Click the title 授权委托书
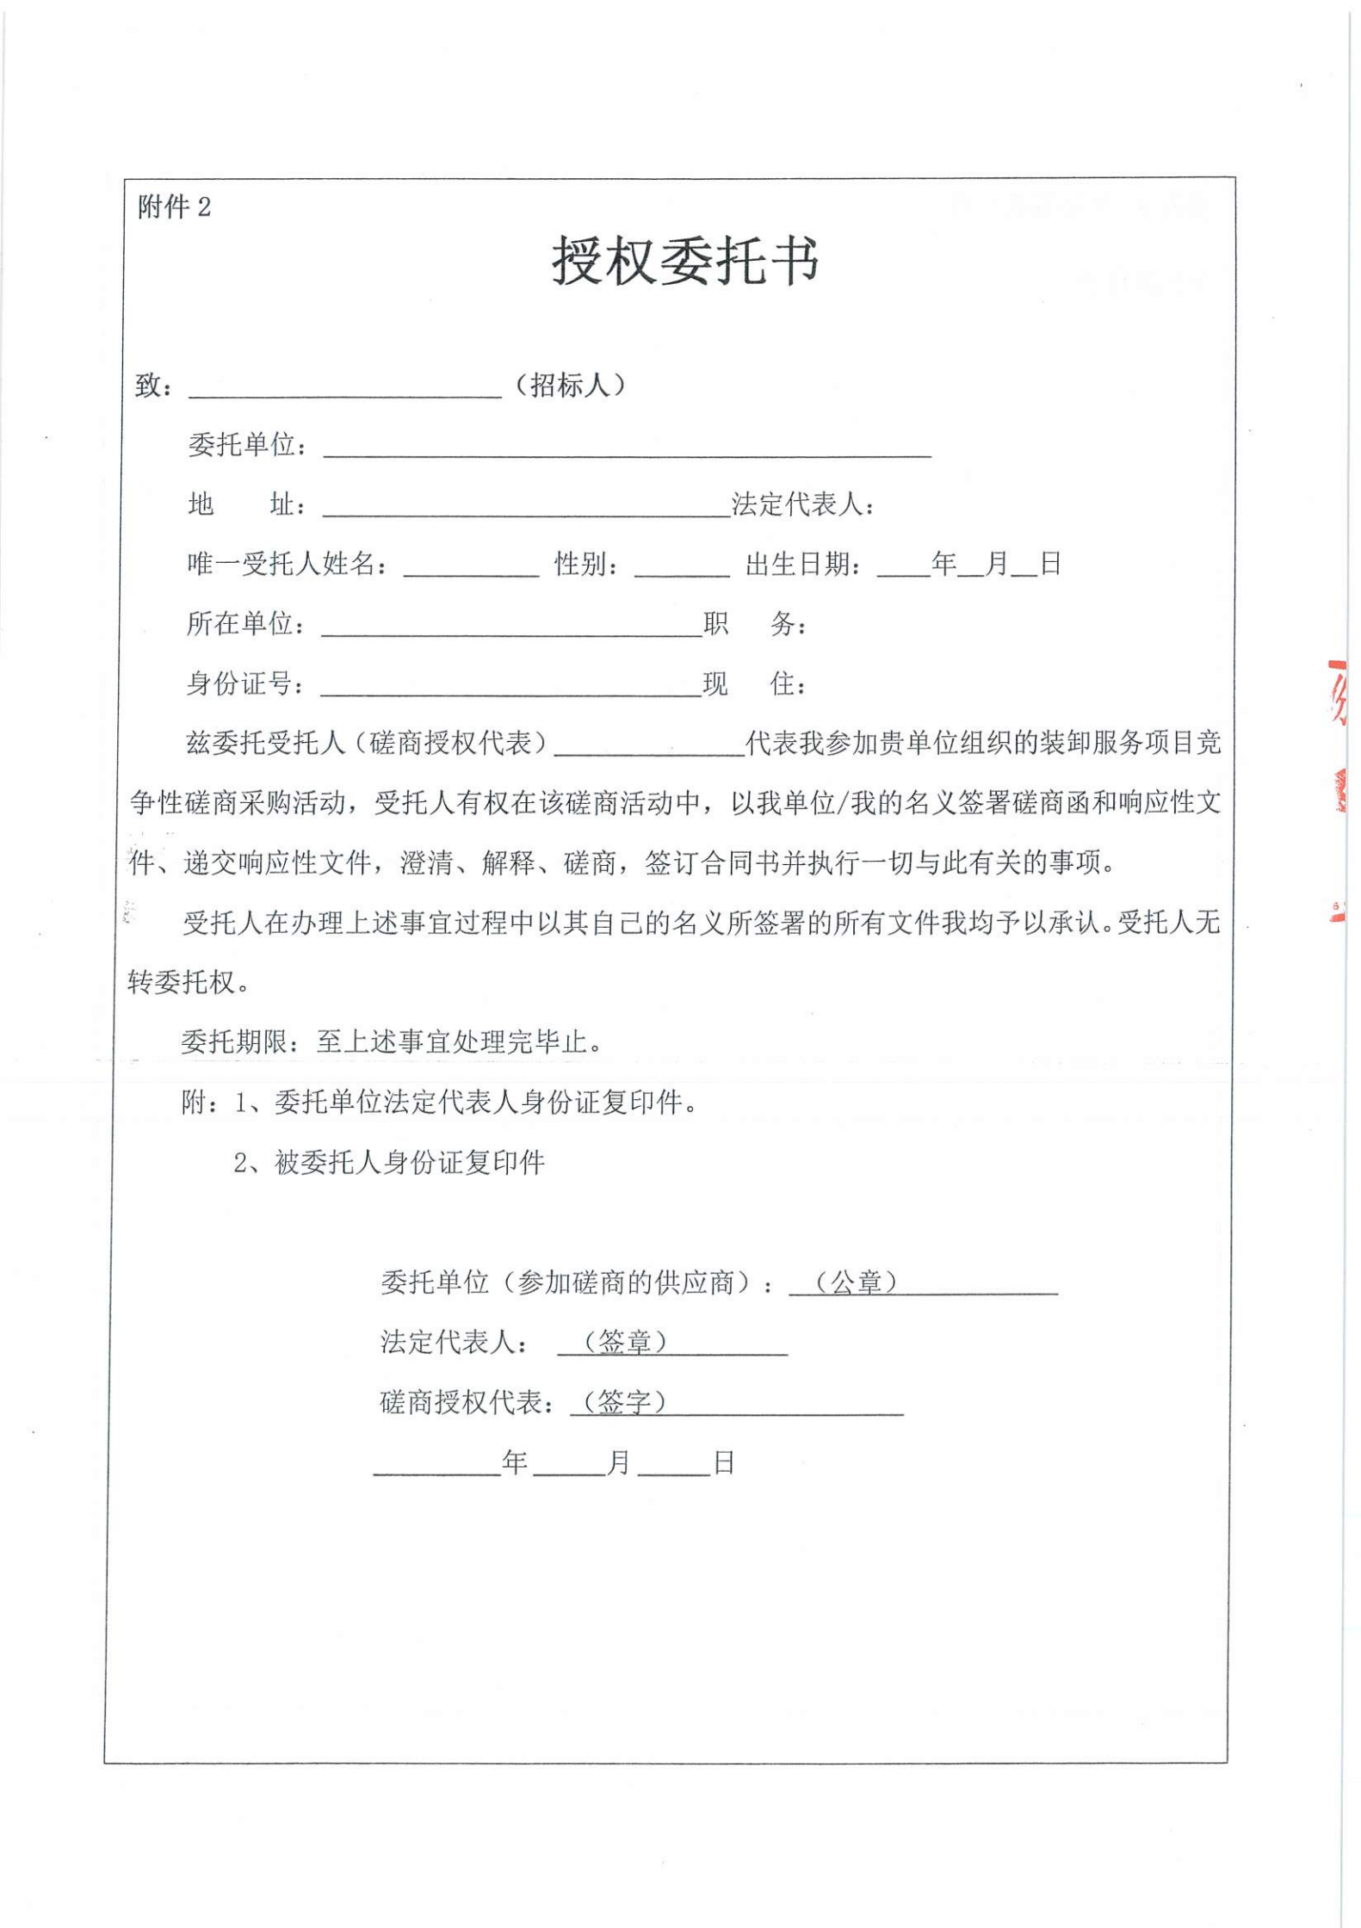[684, 260]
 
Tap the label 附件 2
[174, 207]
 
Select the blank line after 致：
[344, 389]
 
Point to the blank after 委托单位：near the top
[627, 448]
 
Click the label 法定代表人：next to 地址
[802, 504]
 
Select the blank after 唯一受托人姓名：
[471, 568]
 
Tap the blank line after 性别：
[682, 568]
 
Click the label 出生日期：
[802, 565]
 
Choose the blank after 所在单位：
[511, 627]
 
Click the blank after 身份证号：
[510, 687]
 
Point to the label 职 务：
[754, 624]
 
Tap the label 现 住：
[754, 684]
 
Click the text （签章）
[625, 1342]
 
